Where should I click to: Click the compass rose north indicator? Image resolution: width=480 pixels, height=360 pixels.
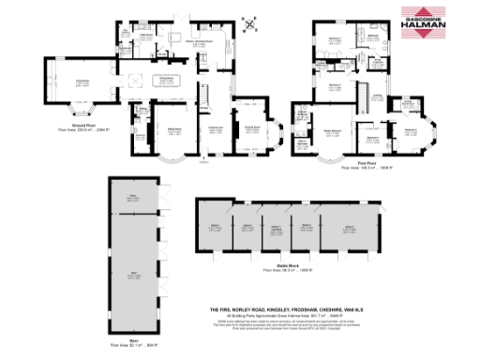tap(247, 23)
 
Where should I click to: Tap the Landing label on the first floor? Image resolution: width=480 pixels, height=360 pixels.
tap(376, 96)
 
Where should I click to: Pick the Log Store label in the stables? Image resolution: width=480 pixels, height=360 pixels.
tap(277, 229)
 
